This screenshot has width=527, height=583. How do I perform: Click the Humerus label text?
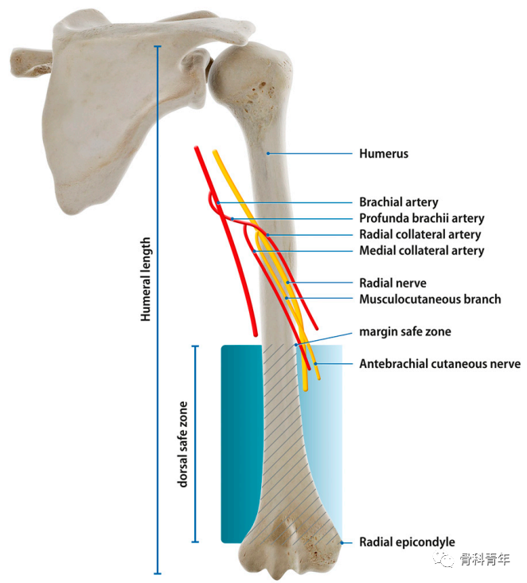click(383, 154)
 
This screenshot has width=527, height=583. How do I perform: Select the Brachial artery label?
click(398, 202)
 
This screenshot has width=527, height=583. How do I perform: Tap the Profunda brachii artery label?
click(421, 218)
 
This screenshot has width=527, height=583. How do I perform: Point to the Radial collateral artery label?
click(420, 234)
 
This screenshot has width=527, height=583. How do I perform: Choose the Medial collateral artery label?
click(421, 250)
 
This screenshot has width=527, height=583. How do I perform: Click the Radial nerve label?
click(392, 283)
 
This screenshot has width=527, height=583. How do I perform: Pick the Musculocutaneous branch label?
click(430, 299)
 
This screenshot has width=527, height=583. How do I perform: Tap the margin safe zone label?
click(405, 331)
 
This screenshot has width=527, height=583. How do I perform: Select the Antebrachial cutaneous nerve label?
click(439, 364)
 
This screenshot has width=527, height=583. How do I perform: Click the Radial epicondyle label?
click(407, 542)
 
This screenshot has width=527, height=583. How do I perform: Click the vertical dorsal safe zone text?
click(183, 444)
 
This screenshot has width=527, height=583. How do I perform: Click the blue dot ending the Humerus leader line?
click(268, 153)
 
